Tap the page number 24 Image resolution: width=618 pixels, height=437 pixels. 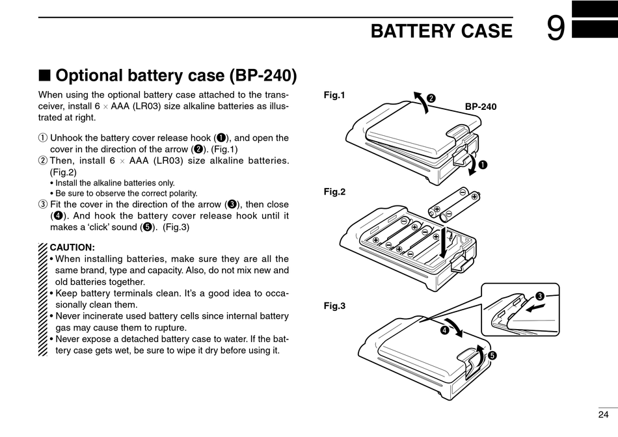coord(603,414)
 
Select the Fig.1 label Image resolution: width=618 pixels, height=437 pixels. coord(334,95)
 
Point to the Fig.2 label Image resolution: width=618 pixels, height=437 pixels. coord(334,192)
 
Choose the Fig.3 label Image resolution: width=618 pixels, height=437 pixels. coord(334,306)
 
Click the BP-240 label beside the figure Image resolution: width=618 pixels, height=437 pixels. coord(481,107)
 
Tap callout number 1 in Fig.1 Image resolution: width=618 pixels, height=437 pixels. coord(483,165)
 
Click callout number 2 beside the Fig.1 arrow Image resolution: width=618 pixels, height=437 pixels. coord(431,98)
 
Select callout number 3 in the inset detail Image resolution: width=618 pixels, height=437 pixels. coord(539,296)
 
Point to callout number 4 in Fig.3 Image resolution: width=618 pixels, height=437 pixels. coord(444,330)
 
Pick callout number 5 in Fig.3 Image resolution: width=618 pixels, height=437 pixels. coord(492,356)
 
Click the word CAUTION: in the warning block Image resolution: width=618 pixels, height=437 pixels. coord(72,248)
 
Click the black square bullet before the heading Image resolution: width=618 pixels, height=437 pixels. coord(44,75)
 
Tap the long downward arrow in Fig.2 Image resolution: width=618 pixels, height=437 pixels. coord(444,243)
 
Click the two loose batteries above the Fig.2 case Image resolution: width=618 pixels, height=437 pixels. coord(455,204)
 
